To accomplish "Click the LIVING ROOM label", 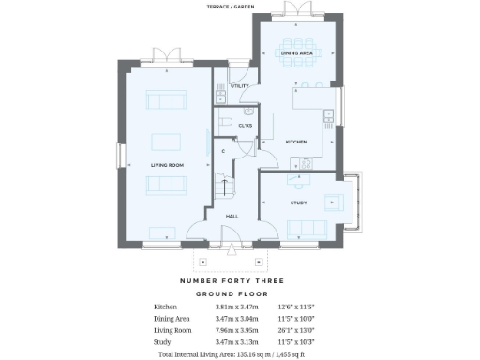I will click(167, 165).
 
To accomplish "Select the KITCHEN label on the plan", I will click(296, 142).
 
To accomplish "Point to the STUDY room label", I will click(298, 202).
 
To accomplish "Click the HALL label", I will click(232, 216).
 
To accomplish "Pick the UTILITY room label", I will click(239, 85).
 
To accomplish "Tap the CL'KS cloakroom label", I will click(246, 125).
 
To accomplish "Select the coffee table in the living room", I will click(168, 142).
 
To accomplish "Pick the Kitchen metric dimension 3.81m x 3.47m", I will click(235, 307).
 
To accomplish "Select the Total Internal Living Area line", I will click(232, 355).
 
